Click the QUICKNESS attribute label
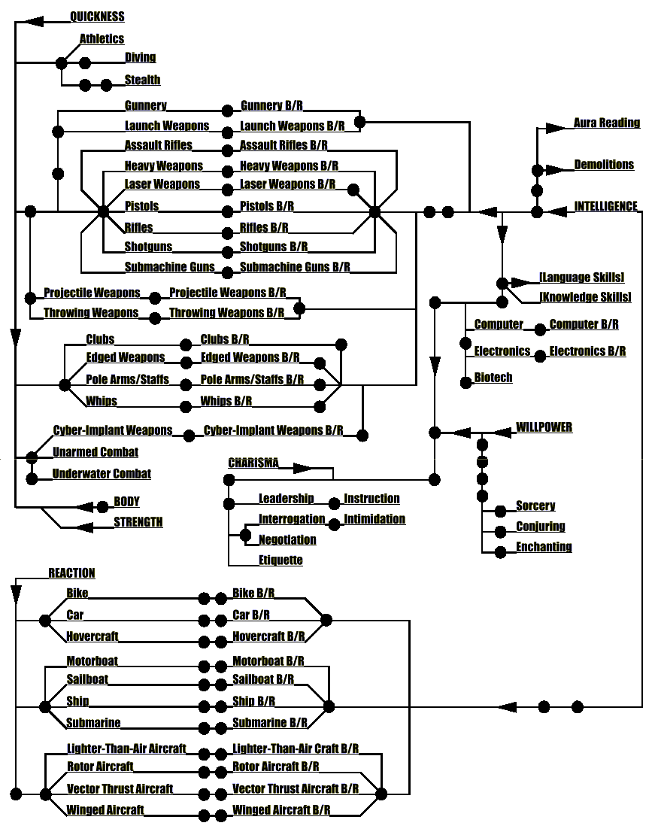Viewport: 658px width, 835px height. tap(97, 17)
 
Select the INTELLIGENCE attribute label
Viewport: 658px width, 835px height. tap(605, 206)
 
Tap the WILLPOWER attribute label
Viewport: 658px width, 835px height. tap(544, 427)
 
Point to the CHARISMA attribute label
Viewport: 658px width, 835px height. tap(253, 463)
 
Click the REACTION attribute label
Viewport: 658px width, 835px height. tap(72, 573)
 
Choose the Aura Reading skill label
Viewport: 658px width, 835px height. tap(606, 123)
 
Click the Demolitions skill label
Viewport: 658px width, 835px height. tap(604, 165)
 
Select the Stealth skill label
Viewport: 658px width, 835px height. tap(142, 80)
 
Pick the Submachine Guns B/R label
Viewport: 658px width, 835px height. tap(295, 266)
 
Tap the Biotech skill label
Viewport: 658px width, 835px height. tap(493, 378)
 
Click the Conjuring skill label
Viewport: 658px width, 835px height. tap(540, 527)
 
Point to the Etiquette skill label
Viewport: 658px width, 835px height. tap(280, 560)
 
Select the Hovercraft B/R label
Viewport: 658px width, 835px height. tap(268, 636)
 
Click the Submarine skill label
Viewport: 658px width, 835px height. tap(93, 723)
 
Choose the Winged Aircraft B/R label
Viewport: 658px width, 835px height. tap(281, 810)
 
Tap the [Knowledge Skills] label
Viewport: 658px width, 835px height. tap(585, 297)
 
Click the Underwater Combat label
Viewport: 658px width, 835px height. tap(102, 474)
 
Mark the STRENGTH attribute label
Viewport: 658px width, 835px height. tap(138, 522)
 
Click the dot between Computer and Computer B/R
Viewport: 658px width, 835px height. tap(540, 329)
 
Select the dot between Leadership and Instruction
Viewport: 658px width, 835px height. tap(334, 503)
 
